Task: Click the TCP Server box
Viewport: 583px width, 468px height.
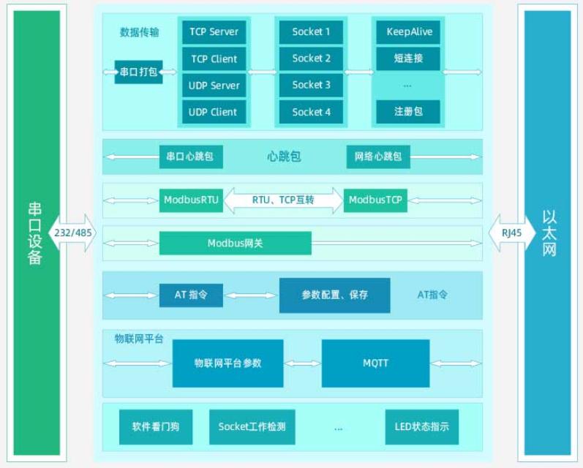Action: click(x=214, y=32)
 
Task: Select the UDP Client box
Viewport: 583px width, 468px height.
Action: click(x=214, y=112)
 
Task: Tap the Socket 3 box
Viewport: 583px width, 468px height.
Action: click(x=311, y=85)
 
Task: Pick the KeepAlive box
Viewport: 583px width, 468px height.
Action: click(x=408, y=32)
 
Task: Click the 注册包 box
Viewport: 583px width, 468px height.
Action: click(x=408, y=112)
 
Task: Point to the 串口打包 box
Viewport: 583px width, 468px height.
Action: click(x=138, y=72)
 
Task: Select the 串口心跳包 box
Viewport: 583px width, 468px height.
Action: click(x=191, y=156)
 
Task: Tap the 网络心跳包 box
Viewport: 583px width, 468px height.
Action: click(x=378, y=156)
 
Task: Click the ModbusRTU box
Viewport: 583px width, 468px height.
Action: click(x=191, y=200)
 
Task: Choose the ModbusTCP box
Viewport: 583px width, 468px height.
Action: click(x=375, y=200)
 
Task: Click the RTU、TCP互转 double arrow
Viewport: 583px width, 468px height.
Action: click(x=283, y=200)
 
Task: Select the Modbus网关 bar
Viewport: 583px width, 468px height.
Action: click(x=235, y=244)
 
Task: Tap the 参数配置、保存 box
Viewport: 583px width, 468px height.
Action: click(x=334, y=295)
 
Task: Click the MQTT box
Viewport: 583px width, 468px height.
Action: click(x=375, y=363)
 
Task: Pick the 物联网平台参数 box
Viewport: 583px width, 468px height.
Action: click(x=227, y=363)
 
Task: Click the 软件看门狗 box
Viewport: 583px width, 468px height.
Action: click(x=156, y=426)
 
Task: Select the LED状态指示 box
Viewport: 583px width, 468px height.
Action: click(x=421, y=426)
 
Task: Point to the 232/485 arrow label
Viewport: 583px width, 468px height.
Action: click(x=72, y=233)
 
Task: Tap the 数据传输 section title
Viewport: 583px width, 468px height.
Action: click(x=140, y=32)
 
